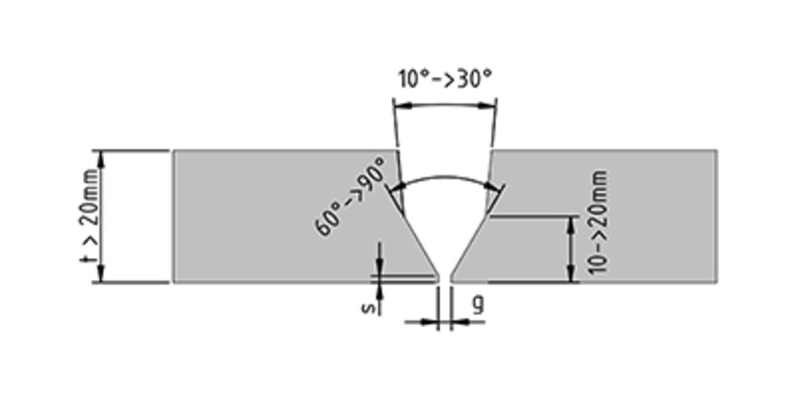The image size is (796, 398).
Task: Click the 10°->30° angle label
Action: click(x=445, y=80)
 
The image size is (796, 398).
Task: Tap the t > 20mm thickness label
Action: click(x=91, y=216)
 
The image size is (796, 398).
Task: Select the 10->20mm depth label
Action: click(x=599, y=223)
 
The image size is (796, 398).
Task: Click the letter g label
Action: click(x=476, y=304)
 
